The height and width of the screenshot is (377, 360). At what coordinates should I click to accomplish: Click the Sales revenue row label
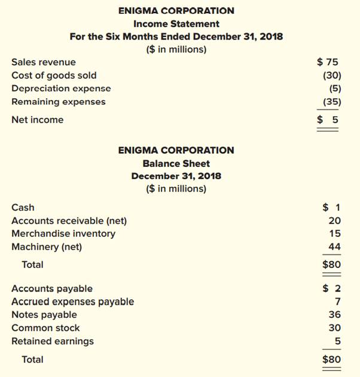point(44,62)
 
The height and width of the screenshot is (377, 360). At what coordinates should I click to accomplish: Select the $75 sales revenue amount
point(328,62)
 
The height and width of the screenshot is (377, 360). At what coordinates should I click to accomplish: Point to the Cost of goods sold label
point(54,75)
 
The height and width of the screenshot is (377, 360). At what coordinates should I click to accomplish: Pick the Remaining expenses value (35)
point(332,102)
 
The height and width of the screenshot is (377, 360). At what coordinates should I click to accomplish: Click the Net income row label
point(37,120)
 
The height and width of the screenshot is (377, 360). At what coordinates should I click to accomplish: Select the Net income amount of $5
point(328,120)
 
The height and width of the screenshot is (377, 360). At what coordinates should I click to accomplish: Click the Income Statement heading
point(176,24)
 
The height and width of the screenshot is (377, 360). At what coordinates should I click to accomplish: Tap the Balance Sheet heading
point(176,163)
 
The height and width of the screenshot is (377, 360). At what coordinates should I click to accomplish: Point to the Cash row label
point(23,208)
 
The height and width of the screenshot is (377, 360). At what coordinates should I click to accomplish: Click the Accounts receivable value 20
point(335,221)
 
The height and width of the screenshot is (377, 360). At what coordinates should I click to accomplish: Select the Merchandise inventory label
point(63,234)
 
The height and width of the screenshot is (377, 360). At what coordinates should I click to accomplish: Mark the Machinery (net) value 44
point(335,247)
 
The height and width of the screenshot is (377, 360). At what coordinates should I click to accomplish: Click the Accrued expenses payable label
point(72,302)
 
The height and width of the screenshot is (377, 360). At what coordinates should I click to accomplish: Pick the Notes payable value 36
point(335,315)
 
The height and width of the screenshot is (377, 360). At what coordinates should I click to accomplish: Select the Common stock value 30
point(335,328)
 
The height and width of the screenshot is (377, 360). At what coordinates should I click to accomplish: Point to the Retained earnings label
point(53,341)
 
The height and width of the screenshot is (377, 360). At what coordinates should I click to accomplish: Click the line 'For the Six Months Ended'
point(176,37)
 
